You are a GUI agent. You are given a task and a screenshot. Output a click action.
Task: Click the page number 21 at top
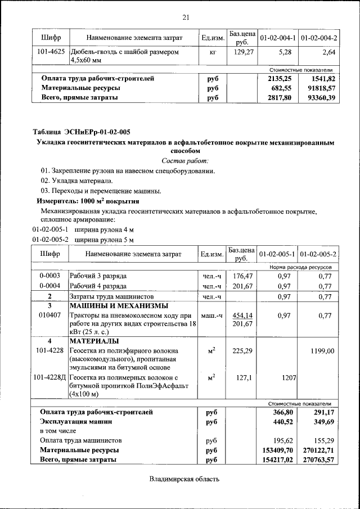pyautogui.click(x=186, y=17)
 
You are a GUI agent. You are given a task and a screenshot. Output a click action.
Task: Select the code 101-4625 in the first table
pyautogui.click(x=50, y=52)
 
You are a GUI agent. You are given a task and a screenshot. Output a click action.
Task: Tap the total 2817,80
pyautogui.click(x=280, y=98)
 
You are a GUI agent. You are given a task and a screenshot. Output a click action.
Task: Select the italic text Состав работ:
pyautogui.click(x=185, y=160)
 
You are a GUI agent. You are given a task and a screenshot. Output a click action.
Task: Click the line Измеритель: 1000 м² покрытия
pyautogui.click(x=88, y=201)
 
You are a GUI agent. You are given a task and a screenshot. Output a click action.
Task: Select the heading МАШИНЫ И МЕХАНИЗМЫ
pyautogui.click(x=118, y=306)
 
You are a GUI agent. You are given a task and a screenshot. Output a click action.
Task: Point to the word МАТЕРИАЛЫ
pyautogui.click(x=93, y=341)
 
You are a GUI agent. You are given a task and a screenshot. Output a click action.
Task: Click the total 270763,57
pyautogui.click(x=318, y=460)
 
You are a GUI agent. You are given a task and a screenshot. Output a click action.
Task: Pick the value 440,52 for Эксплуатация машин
pyautogui.click(x=280, y=421)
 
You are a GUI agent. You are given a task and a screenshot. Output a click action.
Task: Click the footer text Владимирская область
pyautogui.click(x=184, y=479)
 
